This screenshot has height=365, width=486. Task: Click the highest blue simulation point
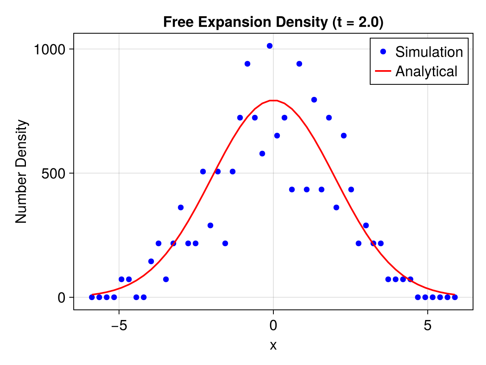269,46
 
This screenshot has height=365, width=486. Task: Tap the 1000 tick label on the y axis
49,49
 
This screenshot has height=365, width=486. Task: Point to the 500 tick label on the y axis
55,174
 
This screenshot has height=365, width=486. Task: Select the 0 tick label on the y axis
62,298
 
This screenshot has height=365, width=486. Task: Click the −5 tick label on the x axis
119,326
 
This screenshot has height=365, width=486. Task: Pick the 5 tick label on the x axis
428,326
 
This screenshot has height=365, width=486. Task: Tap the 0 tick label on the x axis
273,326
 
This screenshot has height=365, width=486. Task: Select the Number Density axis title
21,171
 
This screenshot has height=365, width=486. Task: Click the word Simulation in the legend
429,52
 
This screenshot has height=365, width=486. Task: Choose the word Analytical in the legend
426,71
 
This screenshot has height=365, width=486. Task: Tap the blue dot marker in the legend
383,52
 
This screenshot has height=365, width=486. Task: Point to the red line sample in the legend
383,71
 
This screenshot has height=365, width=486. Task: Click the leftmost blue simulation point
92,297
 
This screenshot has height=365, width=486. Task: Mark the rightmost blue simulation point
455,297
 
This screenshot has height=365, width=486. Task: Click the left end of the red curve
92,294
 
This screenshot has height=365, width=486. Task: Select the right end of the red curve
454,294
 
